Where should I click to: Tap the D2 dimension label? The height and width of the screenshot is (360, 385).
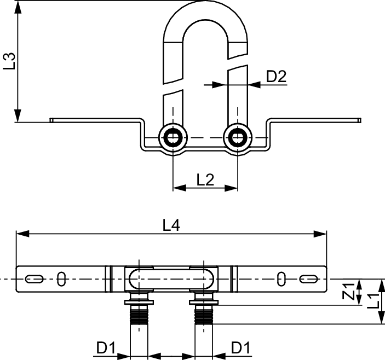277,77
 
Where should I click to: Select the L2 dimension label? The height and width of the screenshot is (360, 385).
205,180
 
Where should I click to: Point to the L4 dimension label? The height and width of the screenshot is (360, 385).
171,225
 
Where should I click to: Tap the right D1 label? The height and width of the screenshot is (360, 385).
242,347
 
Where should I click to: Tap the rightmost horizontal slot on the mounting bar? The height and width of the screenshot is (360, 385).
309,280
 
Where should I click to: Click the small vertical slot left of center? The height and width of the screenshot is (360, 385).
62,280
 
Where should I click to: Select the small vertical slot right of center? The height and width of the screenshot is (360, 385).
281,280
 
